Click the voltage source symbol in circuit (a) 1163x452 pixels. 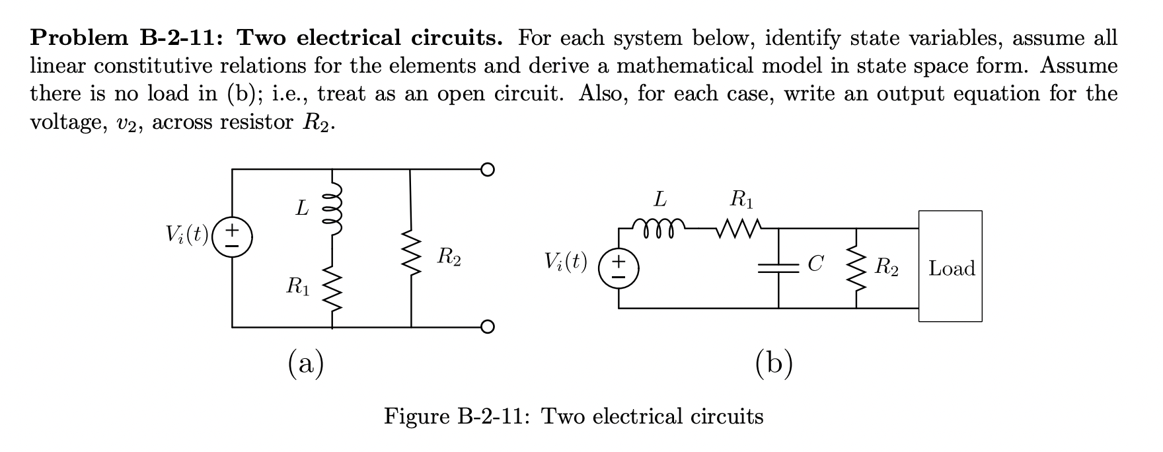(232, 235)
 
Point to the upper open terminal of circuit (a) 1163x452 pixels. (487, 170)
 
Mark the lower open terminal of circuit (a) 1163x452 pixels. (487, 326)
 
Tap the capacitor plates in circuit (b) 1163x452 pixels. (778, 268)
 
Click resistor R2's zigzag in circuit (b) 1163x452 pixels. (856, 268)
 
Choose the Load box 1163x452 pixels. (950, 266)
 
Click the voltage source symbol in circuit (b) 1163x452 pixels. (619, 268)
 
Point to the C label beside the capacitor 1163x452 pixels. (815, 264)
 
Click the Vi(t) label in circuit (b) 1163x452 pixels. (566, 263)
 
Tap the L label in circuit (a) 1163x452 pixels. (301, 209)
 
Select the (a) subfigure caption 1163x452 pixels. (306, 363)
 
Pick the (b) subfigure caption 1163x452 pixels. (774, 363)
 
